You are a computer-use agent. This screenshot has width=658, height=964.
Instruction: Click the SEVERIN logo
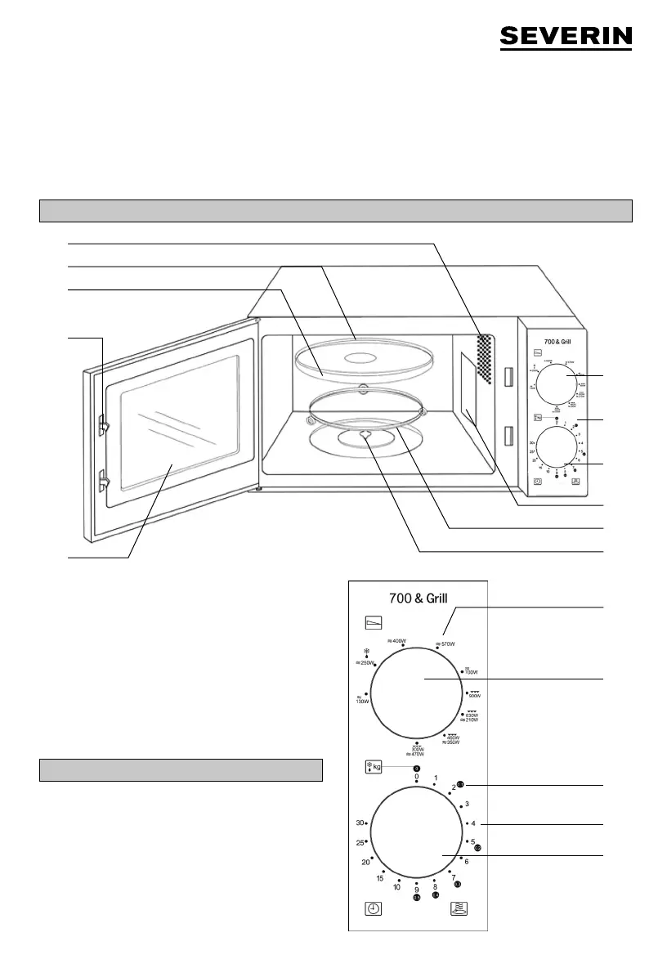coord(566,37)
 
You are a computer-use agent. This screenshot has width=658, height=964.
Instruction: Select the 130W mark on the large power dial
coord(363,699)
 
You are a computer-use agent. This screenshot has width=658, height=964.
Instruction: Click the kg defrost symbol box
coord(375,767)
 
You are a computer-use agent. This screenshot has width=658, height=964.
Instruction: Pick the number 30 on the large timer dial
coord(360,823)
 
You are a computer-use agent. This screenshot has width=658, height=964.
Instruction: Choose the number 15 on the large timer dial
coord(380,878)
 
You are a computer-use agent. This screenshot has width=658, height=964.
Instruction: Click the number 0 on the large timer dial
coord(416,776)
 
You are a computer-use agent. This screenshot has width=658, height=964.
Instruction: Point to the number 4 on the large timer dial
coord(473,823)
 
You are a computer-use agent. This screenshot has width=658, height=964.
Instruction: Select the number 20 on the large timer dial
coord(365,862)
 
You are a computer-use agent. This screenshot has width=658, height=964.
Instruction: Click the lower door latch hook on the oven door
coord(104,479)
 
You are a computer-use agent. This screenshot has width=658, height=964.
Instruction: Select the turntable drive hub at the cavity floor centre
coord(363,435)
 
